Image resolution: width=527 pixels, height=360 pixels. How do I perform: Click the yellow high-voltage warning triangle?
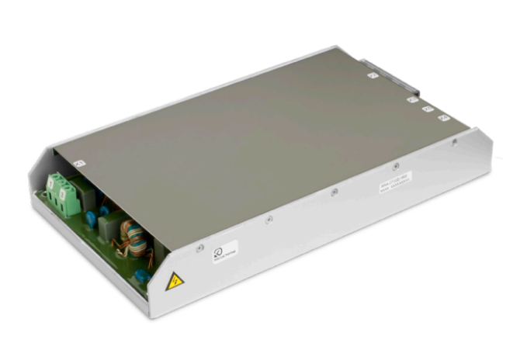[176, 281]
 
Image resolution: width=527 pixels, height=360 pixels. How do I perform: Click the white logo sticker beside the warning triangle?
[224, 252]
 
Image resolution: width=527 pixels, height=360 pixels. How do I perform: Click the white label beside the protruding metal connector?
[373, 76]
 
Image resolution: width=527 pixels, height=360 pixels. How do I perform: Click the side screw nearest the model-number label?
[396, 165]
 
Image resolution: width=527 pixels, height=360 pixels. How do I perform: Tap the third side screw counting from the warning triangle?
[333, 192]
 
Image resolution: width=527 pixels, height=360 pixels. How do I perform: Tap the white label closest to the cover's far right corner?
[445, 118]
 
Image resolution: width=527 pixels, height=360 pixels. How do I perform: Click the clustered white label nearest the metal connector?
[414, 99]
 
